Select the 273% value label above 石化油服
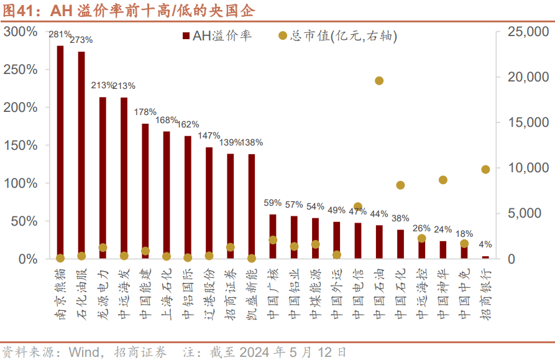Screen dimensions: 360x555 (x=81, y=40)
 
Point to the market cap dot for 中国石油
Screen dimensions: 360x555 (x=379, y=80)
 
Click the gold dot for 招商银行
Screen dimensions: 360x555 (x=485, y=169)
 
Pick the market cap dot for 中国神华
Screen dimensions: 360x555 (x=443, y=180)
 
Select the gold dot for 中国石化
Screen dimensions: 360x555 (x=400, y=185)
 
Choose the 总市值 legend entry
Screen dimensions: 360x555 (x=338, y=37)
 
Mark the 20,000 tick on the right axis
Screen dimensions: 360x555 (x=526, y=77)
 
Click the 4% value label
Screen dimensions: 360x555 (x=485, y=245)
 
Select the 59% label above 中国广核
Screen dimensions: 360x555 (x=273, y=203)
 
